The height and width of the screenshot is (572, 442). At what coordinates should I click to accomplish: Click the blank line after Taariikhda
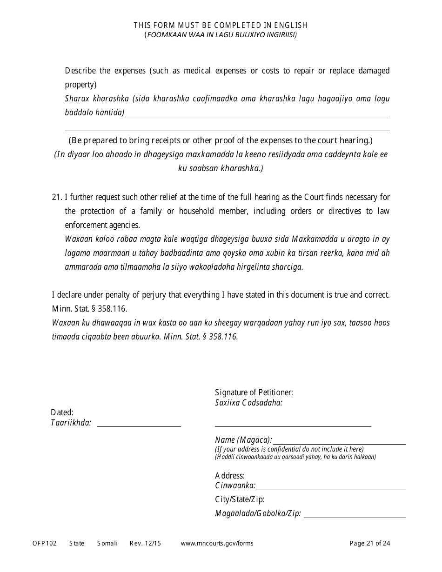point(139,426)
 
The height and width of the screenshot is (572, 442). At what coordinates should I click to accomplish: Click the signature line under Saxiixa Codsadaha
point(293,426)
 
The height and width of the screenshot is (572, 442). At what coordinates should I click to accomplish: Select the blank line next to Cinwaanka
point(331,489)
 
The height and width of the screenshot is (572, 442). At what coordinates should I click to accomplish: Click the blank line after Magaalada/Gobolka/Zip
point(355,517)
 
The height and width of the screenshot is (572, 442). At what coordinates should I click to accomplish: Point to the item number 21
point(57,197)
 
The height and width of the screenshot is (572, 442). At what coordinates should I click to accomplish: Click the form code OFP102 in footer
point(45,543)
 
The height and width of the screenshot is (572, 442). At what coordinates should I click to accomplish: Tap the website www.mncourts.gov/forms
point(217,543)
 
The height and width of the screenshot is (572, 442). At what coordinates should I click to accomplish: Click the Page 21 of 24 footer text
point(370,543)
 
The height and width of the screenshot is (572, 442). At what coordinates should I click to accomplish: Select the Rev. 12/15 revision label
point(145,543)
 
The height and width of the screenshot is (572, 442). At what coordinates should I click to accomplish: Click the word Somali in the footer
point(107,543)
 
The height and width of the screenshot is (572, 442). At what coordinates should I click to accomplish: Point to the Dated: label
point(62,412)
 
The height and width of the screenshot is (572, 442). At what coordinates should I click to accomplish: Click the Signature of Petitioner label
point(254,392)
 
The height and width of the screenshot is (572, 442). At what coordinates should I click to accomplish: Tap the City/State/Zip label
point(240,499)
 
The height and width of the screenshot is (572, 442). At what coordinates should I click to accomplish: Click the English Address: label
point(230,475)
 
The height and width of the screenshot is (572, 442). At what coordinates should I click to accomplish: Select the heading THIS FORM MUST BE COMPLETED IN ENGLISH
point(221,26)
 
